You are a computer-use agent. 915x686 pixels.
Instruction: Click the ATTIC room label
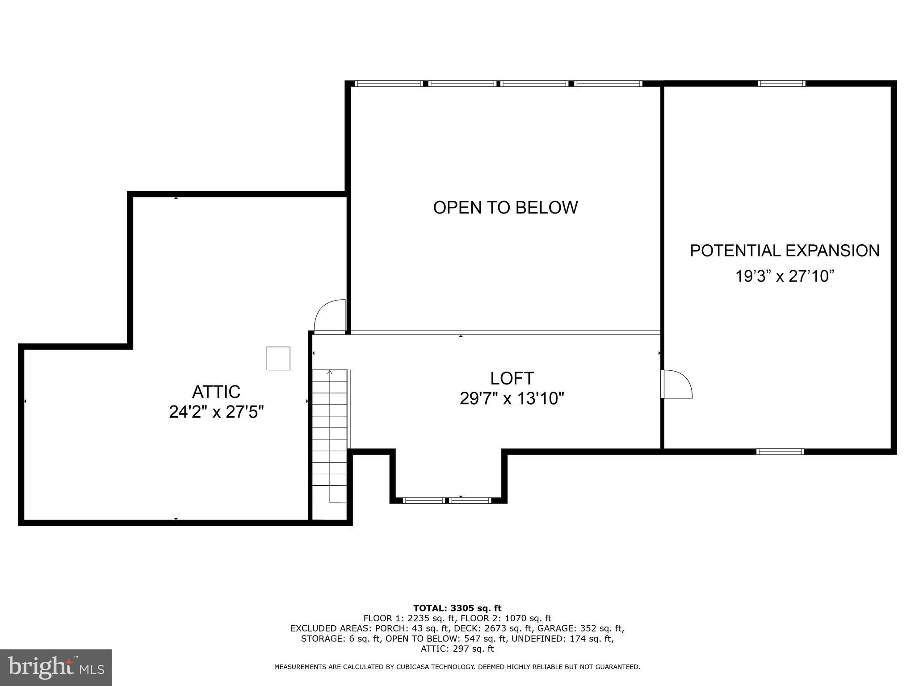(216, 392)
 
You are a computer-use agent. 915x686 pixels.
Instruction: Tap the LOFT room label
(512, 378)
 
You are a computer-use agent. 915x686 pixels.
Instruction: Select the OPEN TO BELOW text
(505, 208)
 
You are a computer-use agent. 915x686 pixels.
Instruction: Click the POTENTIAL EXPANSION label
(785, 251)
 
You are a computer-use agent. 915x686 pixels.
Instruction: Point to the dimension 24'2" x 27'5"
(216, 412)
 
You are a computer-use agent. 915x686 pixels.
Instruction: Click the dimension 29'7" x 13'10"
(512, 398)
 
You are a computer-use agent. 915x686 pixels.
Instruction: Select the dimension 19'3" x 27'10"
(785, 276)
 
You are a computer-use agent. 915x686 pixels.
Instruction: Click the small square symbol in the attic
(278, 358)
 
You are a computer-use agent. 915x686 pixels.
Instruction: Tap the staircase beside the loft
(330, 427)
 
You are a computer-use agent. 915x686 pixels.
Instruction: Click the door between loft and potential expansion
(676, 384)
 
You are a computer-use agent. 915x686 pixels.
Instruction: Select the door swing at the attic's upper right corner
(330, 316)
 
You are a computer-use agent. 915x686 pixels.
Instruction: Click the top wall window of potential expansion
(781, 84)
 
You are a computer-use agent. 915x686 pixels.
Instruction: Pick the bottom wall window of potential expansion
(780, 452)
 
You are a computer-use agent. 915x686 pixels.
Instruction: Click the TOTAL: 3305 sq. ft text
(457, 608)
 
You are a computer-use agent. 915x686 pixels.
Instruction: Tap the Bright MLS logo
(56, 668)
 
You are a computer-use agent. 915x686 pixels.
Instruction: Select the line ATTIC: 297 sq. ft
(457, 649)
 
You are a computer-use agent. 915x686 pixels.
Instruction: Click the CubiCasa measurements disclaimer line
(457, 667)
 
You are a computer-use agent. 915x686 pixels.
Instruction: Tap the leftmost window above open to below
(389, 84)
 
